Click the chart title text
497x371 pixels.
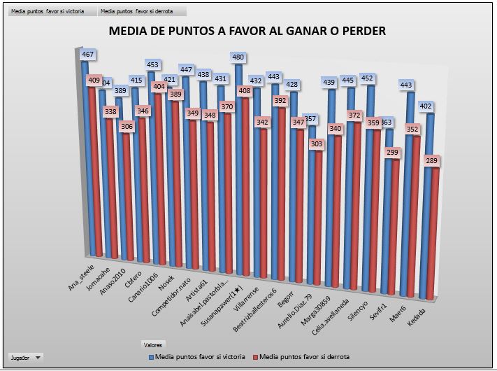(247, 31)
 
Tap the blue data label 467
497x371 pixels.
(88, 54)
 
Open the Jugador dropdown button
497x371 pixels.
(26, 357)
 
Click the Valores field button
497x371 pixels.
(153, 344)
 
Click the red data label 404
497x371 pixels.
(160, 87)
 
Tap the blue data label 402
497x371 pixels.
(425, 106)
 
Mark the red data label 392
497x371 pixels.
(280, 101)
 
